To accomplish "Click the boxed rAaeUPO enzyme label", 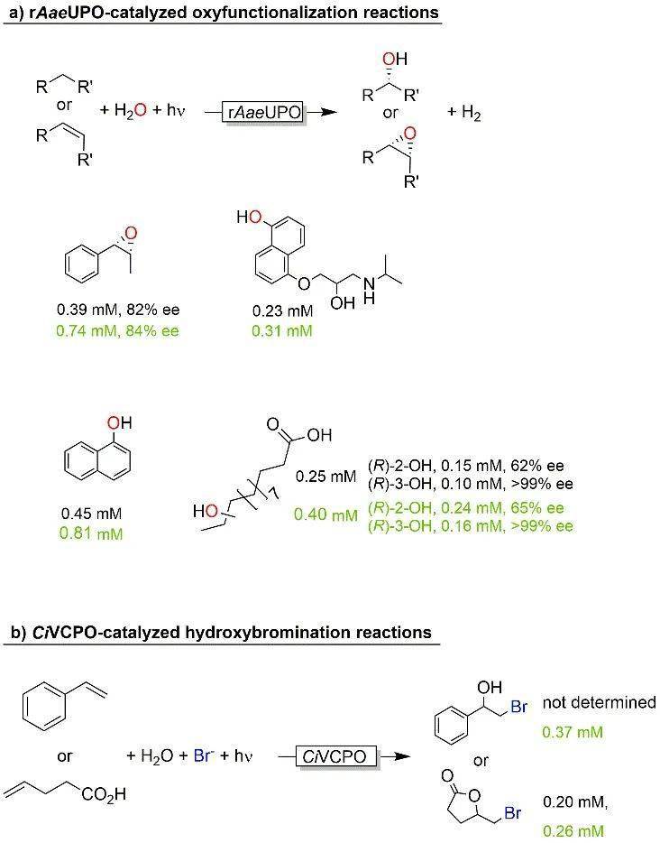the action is pos(262,112).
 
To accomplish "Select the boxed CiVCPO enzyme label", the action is pos(335,756).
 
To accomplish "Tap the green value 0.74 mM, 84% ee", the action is pos(117,330).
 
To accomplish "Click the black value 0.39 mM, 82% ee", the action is pos(118,310).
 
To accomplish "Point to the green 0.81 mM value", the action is pos(91,533).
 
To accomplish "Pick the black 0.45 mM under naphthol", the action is pos(91,514).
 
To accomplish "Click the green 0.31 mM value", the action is pos(282,330).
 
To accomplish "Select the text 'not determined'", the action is pos(600,702).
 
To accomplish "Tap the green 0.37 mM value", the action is pos(573,732).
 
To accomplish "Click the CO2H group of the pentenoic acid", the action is pos(105,793).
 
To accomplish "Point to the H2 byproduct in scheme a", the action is pos(464,112).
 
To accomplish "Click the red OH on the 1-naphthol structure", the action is pos(119,422).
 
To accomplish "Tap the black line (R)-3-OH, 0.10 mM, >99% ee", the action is pos(471,484).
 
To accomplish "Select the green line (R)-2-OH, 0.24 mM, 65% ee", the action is pos(466,508).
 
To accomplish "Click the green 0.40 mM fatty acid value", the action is pos(325,514).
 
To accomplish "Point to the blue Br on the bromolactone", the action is pos(512,812).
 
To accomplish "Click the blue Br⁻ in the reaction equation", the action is pos(203,755).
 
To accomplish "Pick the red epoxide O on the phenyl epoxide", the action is pos(131,234).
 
